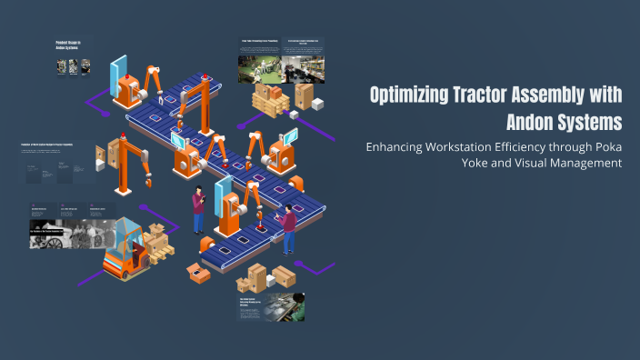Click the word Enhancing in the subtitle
[x=397, y=146]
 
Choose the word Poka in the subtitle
[x=607, y=146]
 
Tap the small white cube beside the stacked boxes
[x=318, y=105]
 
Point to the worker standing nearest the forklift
[x=198, y=212]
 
